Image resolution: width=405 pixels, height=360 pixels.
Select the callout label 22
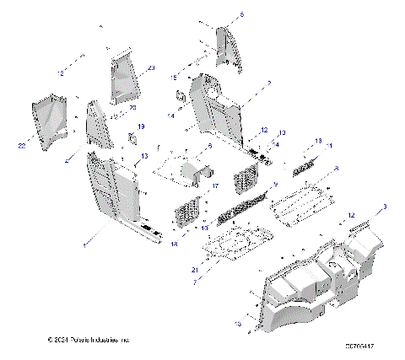[x=19, y=145]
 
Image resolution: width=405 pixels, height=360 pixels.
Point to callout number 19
[x=141, y=126]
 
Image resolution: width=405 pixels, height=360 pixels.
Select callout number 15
[x=175, y=78]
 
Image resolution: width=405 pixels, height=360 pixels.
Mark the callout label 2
[x=267, y=83]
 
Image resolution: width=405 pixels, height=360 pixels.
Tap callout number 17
[x=215, y=186]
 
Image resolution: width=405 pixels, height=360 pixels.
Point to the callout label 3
[x=386, y=207]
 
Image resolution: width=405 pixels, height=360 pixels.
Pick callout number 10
[x=202, y=228]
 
